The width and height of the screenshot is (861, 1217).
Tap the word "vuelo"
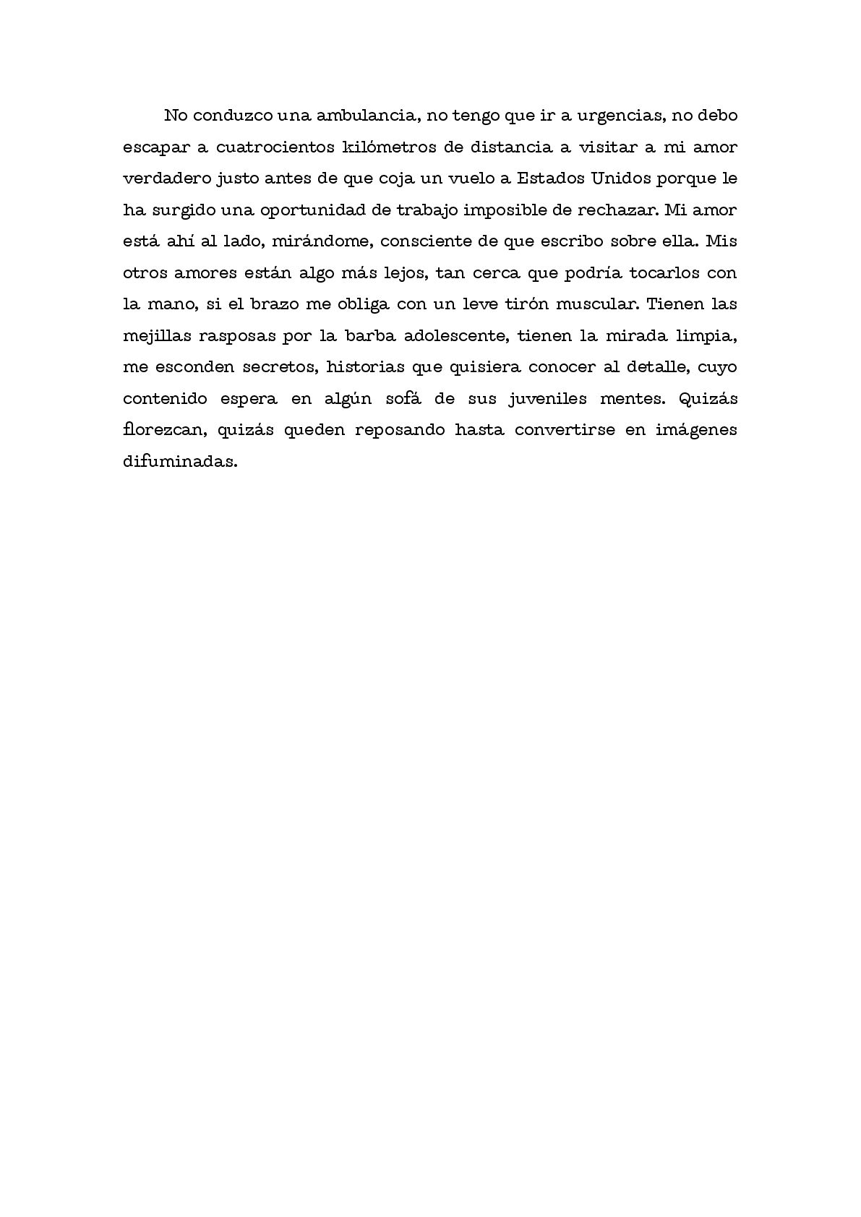point(461,179)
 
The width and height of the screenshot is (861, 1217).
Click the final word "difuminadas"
point(180,461)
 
